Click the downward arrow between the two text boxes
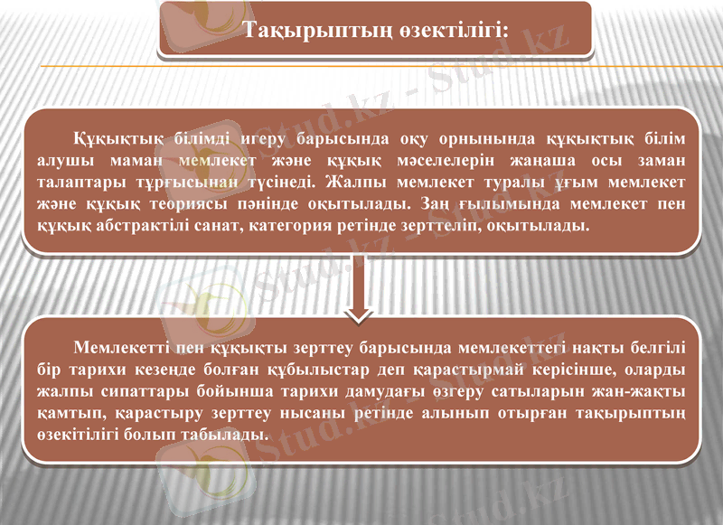361,289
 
